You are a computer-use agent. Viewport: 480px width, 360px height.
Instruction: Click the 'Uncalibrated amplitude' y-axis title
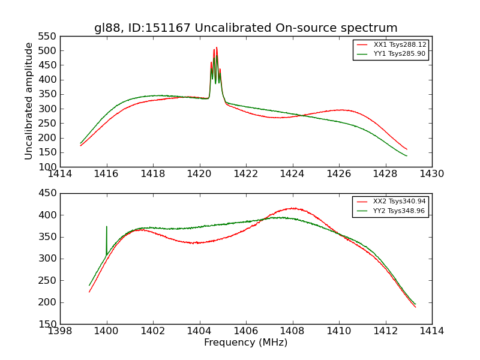coord(29,101)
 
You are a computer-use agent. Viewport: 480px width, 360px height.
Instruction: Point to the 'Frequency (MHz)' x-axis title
coord(245,343)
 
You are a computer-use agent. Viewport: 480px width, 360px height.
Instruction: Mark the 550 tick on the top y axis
coord(47,37)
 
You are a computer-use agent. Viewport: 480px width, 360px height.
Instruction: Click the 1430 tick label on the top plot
coord(431,174)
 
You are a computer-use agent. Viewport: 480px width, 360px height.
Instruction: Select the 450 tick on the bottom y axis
coord(47,193)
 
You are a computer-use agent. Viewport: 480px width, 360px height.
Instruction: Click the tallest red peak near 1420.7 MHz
coord(217,48)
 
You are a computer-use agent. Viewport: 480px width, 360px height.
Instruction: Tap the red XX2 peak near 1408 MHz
coord(292,208)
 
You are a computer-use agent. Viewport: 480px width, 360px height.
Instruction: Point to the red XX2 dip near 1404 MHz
coord(196,243)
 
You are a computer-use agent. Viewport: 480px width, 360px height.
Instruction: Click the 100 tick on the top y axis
coord(47,167)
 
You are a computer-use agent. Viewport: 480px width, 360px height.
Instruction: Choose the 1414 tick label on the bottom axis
coord(431,331)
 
